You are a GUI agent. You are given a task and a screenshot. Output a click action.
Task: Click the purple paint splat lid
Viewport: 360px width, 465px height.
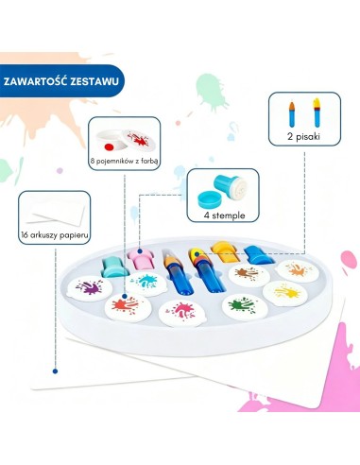[x=90, y=288]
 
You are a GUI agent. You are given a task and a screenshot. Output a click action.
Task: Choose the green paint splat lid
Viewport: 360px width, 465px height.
[x=245, y=306]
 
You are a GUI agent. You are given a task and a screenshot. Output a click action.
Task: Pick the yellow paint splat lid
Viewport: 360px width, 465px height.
[x=285, y=293]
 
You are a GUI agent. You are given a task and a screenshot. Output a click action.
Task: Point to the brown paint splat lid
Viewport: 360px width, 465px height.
[x=249, y=275]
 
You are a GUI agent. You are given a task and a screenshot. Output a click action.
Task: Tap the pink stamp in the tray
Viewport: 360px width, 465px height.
[x=140, y=258]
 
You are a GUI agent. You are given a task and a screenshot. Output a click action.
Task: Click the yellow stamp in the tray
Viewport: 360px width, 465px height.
[x=225, y=251]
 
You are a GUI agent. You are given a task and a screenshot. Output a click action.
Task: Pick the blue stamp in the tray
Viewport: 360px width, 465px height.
[x=259, y=255]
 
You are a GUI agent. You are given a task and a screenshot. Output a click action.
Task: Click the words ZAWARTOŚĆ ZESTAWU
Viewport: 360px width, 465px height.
[x=61, y=81]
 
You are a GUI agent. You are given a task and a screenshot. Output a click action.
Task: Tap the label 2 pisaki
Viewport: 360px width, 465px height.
[x=303, y=136]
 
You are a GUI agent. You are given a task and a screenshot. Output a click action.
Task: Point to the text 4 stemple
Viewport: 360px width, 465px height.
[x=224, y=215]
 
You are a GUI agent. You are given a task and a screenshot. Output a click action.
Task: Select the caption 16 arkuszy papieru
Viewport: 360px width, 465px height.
[x=55, y=235]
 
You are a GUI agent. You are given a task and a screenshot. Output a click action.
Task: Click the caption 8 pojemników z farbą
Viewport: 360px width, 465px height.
[x=124, y=162]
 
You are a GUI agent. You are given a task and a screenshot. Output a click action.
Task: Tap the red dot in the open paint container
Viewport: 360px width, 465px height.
[x=109, y=147]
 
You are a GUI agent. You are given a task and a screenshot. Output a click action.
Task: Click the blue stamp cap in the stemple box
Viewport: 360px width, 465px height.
[x=210, y=199]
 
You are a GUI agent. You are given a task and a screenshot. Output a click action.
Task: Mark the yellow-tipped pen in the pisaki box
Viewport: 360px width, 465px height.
[x=317, y=112]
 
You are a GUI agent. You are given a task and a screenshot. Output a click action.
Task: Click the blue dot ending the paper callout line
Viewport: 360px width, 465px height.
[x=55, y=371]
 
